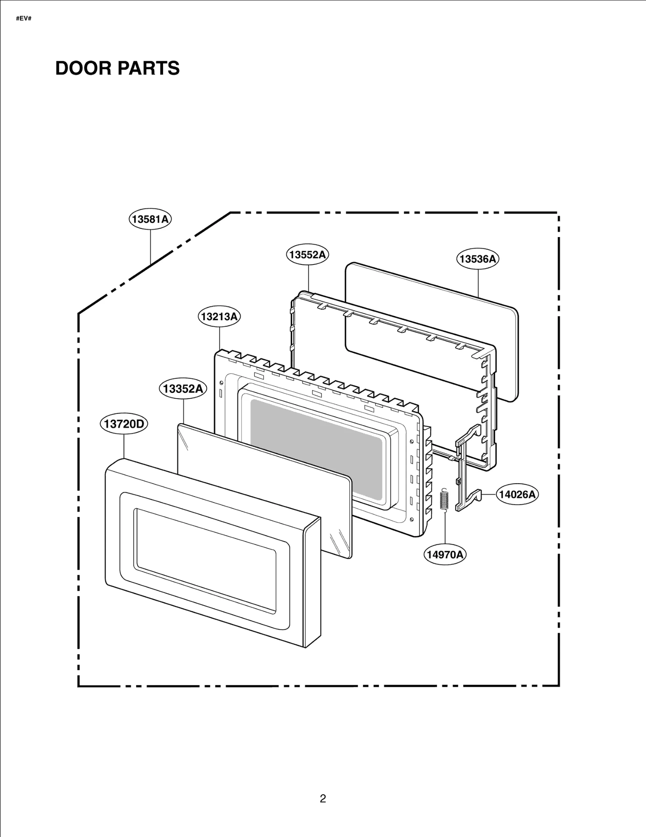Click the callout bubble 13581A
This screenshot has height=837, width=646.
click(x=150, y=219)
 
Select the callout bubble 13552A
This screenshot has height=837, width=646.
click(x=308, y=255)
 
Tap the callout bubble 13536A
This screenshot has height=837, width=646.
click(x=478, y=259)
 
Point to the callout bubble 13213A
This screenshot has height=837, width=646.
click(x=219, y=317)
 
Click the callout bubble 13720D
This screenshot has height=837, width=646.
click(x=124, y=424)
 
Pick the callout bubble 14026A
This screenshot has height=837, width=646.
click(x=517, y=494)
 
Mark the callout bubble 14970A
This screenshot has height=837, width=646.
click(x=445, y=554)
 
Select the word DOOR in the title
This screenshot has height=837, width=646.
click(x=83, y=68)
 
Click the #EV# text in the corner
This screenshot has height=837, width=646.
click(x=24, y=19)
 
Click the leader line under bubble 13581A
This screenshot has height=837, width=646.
click(x=151, y=246)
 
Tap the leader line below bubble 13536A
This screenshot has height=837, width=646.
click(x=478, y=283)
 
